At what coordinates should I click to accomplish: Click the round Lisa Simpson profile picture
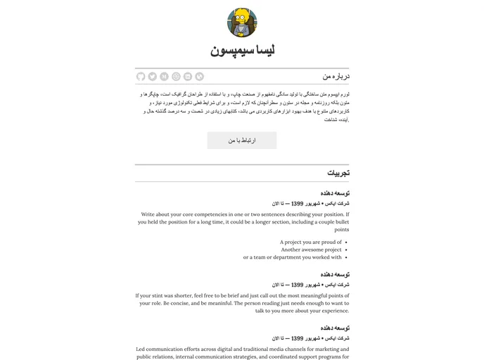242,22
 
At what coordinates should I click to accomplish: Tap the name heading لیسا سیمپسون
242,51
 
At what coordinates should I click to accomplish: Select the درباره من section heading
336,76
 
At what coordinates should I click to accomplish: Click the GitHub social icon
141,77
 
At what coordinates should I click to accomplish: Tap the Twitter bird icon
153,77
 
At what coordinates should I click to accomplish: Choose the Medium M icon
164,77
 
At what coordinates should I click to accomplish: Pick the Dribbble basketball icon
176,77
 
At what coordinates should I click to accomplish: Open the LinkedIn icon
188,77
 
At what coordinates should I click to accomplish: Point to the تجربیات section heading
338,173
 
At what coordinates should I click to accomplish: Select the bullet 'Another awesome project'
311,250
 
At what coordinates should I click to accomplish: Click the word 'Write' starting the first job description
148,214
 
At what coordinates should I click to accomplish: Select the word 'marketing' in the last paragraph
313,349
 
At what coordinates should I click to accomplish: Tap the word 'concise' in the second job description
197,303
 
